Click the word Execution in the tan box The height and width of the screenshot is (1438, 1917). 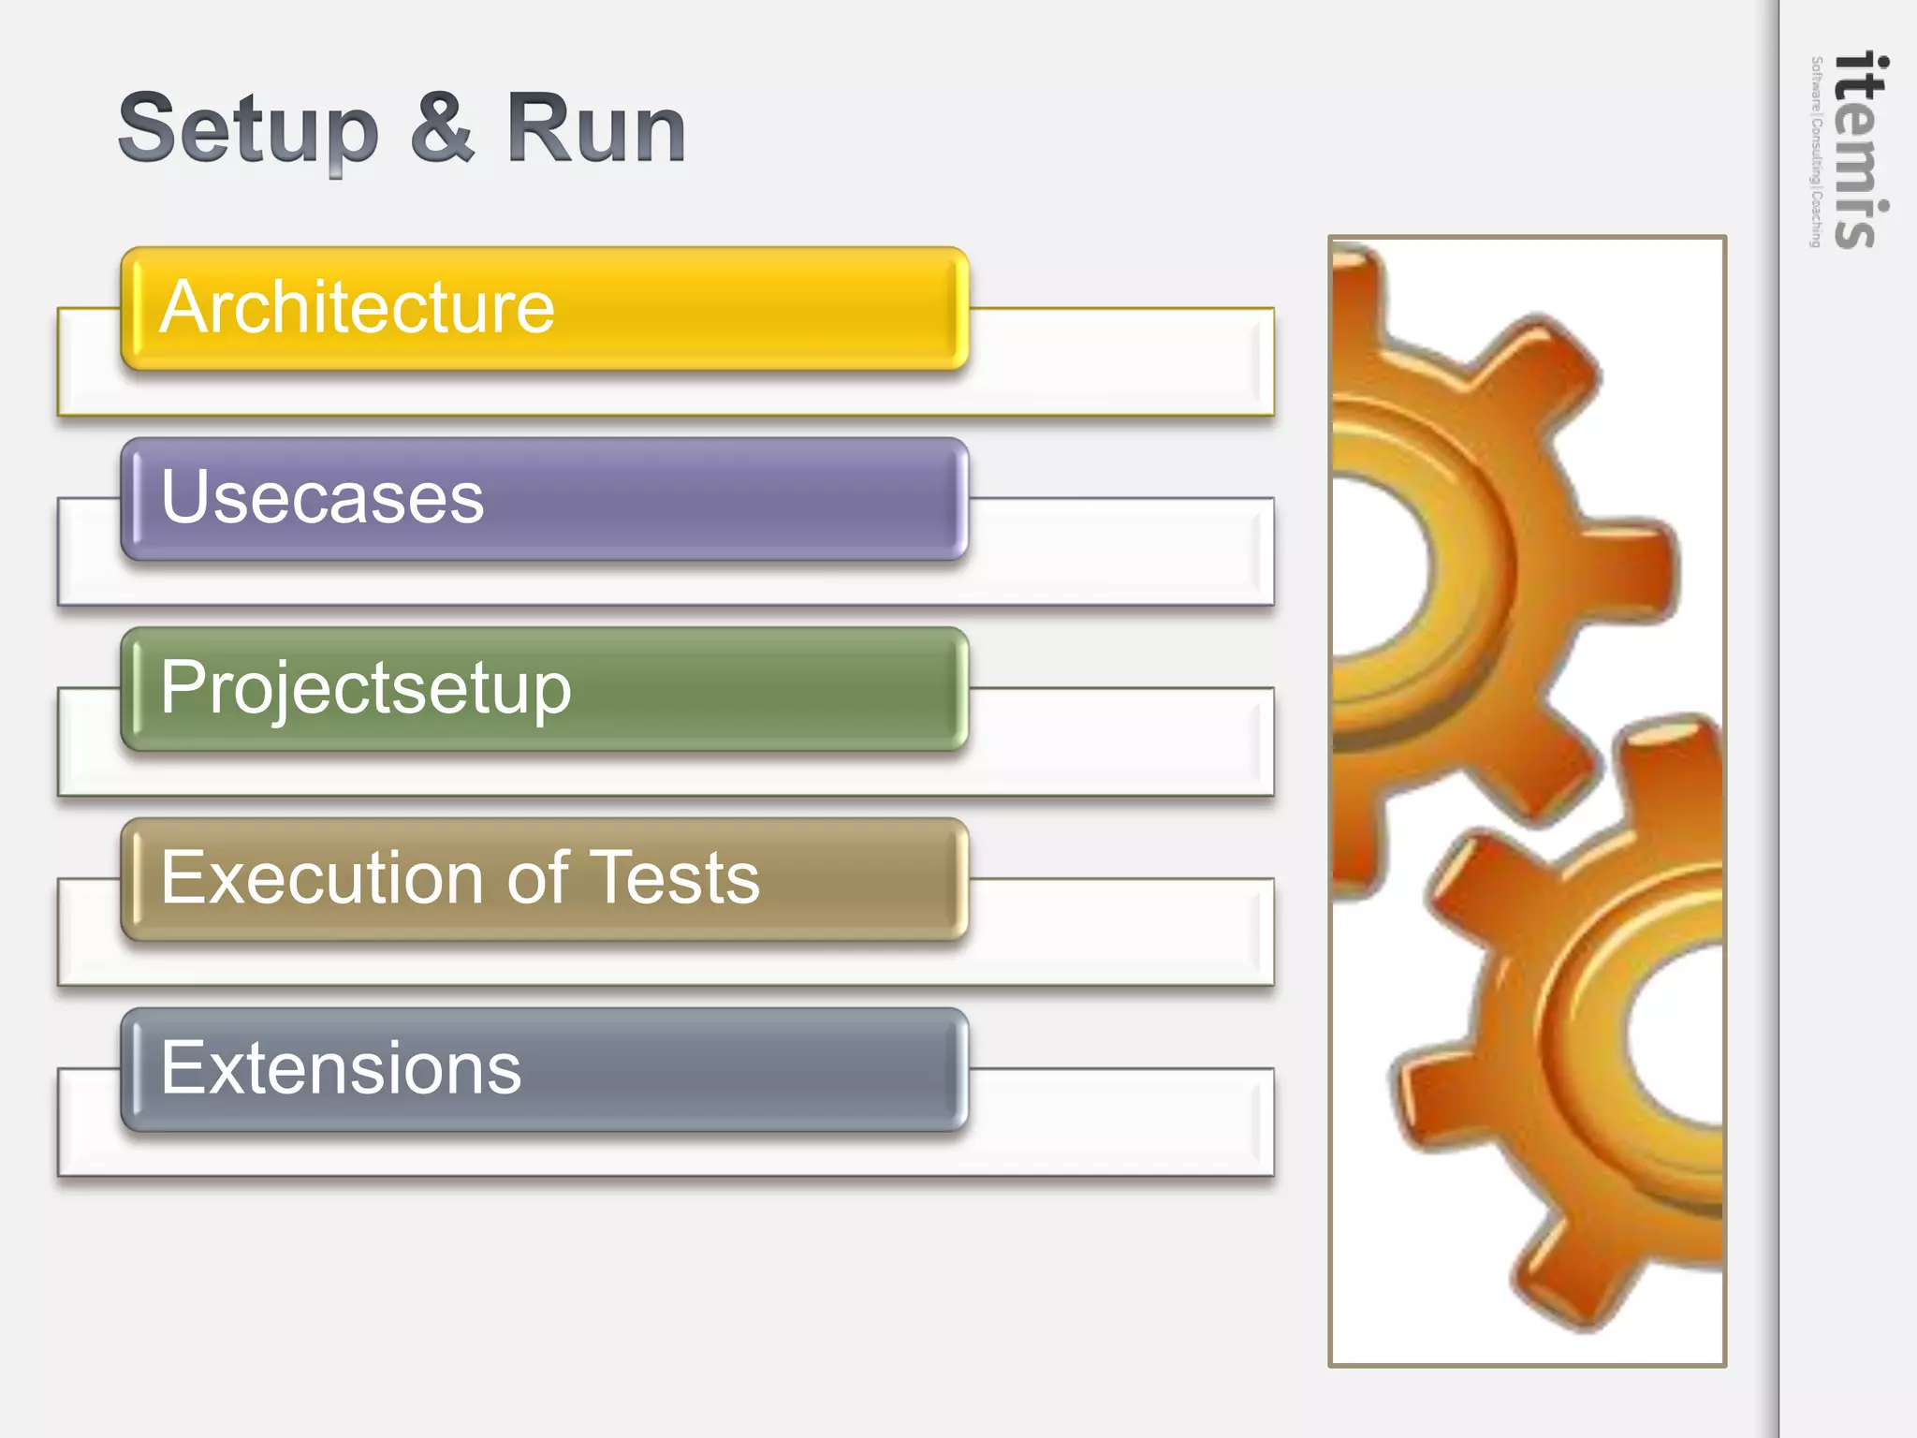pyautogui.click(x=318, y=878)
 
